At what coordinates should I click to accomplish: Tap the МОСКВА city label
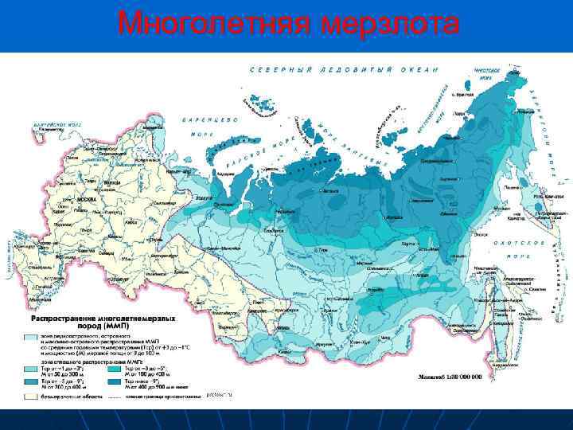pyautogui.click(x=87, y=200)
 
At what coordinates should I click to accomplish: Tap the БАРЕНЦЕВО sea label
pyautogui.click(x=211, y=119)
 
